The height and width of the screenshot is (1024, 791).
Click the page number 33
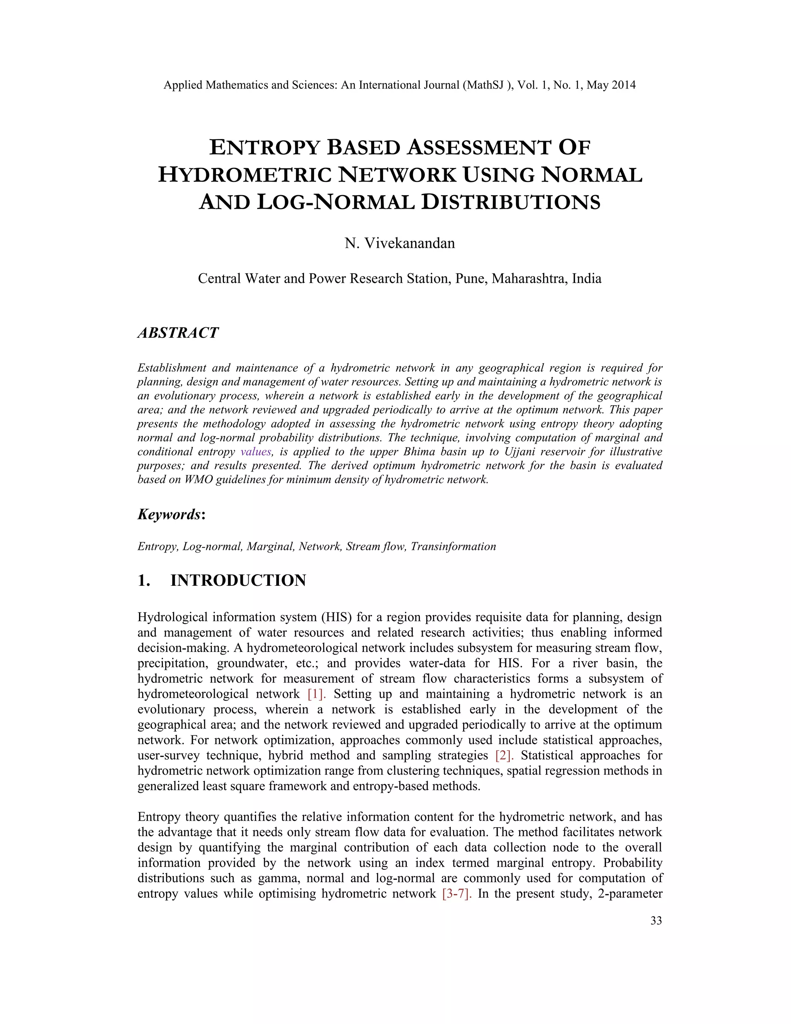click(x=656, y=921)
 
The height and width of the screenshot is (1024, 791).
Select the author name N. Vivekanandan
click(x=400, y=243)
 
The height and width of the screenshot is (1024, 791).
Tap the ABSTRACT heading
click(x=178, y=333)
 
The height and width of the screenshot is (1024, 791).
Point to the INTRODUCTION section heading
click(x=238, y=580)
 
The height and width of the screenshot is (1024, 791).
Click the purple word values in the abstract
click(x=256, y=452)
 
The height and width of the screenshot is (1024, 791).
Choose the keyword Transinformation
click(x=453, y=547)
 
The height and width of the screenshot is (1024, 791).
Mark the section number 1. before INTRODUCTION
click(x=143, y=580)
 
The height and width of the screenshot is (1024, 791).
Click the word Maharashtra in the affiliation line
click(x=529, y=279)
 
